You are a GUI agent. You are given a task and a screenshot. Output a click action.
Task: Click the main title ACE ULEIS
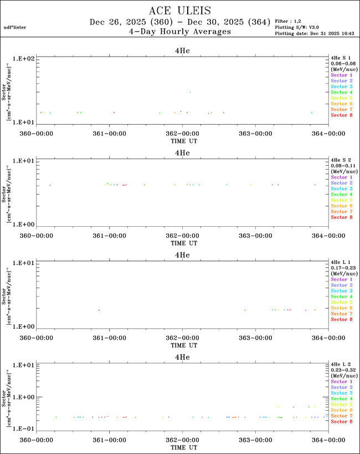[180, 11]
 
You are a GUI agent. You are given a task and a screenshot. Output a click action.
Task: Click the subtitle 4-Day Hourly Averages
[180, 32]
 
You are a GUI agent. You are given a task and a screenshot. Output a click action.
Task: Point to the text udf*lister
[15, 27]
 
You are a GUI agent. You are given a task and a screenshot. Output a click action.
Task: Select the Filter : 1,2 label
[289, 21]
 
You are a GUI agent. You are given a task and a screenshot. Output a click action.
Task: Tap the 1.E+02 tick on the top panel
[25, 58]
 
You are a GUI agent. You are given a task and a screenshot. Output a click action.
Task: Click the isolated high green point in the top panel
[190, 92]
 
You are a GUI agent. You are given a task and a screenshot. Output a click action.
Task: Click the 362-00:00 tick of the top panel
[182, 133]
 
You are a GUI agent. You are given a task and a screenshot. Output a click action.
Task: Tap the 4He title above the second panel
[182, 152]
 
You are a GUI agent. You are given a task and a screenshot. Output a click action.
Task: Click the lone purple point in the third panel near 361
[99, 310]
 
